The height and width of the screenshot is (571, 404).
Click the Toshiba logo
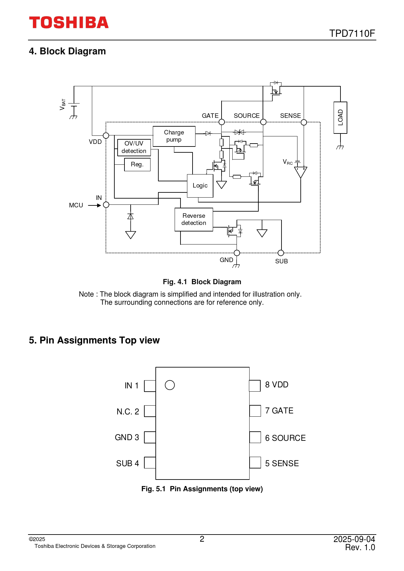tap(69, 22)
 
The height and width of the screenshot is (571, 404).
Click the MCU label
tap(76, 205)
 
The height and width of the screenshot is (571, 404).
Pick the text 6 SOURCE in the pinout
tap(285, 438)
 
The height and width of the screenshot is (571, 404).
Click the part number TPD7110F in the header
tap(352, 34)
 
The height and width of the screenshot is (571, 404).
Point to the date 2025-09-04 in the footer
tap(354, 539)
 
